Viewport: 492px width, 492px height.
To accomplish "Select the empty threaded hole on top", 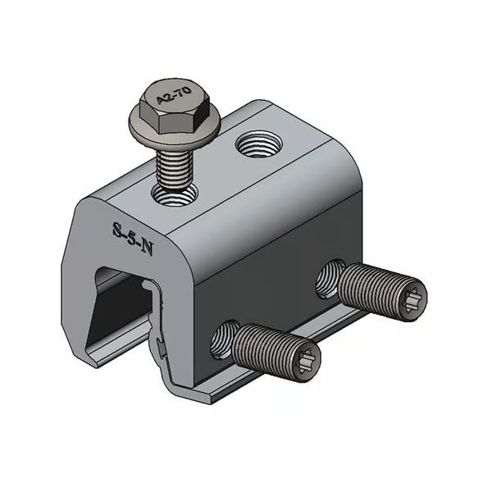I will (x=256, y=148).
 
